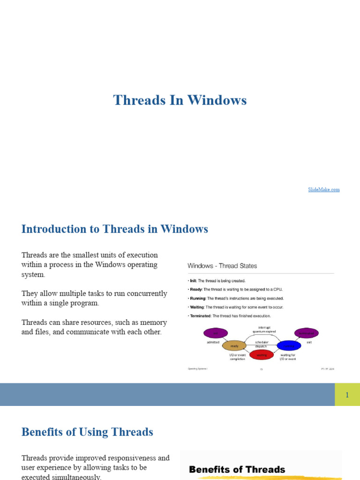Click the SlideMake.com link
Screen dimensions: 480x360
[x=323, y=189]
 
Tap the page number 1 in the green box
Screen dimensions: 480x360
[x=347, y=395]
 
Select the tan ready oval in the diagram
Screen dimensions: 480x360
[x=234, y=346]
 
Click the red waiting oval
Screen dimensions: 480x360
[x=262, y=355]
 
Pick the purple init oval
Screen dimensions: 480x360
[x=216, y=333]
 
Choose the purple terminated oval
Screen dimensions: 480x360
[x=307, y=333]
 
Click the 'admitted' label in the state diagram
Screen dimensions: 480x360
[x=213, y=343]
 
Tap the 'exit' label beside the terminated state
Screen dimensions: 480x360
[x=309, y=343]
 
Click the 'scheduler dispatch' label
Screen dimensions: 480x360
[x=261, y=345]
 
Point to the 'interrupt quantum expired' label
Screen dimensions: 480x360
[x=264, y=329]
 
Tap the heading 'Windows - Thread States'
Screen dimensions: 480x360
[x=222, y=266]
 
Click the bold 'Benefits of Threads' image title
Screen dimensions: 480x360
[x=237, y=469]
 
